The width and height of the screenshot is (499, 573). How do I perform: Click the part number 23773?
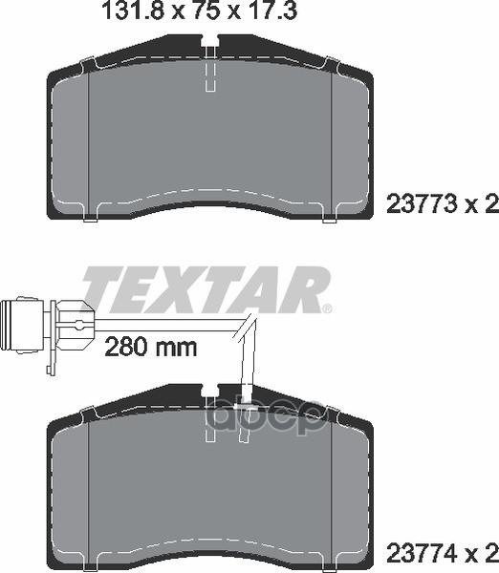pyautogui.click(x=422, y=204)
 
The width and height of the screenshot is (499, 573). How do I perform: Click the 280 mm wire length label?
pyautogui.click(x=151, y=348)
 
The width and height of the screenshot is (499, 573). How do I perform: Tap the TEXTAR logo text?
pyautogui.click(x=204, y=290)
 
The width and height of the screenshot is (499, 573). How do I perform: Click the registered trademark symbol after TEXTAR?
pyautogui.click(x=328, y=308)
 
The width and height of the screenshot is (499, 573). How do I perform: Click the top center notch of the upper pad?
pyautogui.click(x=210, y=41)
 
